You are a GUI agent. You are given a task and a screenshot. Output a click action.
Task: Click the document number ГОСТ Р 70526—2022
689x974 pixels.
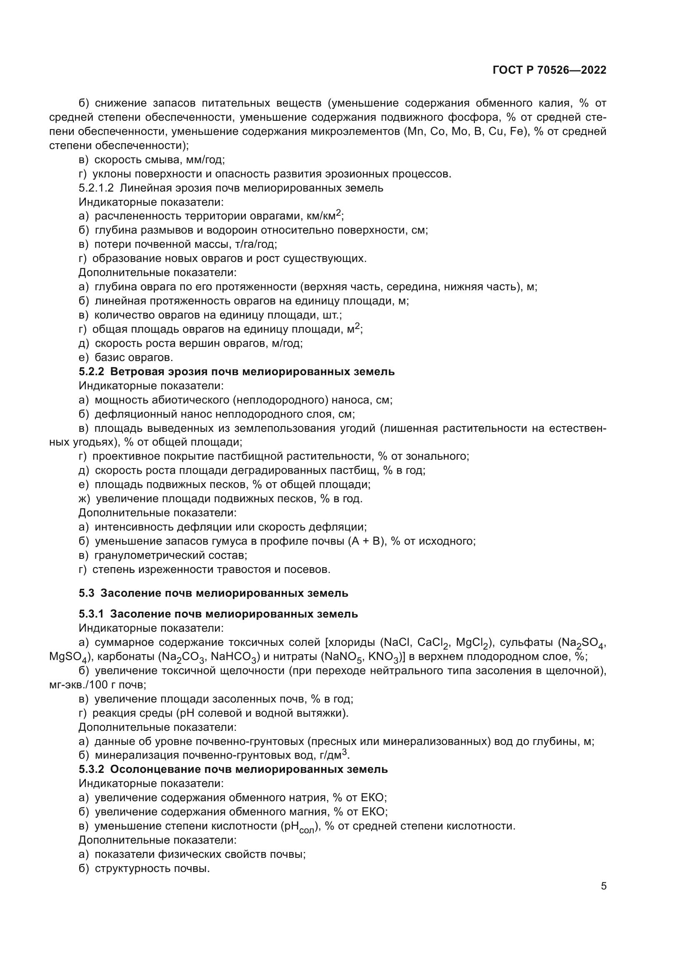pos(549,70)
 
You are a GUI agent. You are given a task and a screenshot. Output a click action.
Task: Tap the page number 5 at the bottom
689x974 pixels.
pos(604,886)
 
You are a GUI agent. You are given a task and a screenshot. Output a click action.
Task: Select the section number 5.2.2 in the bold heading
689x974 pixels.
pos(91,371)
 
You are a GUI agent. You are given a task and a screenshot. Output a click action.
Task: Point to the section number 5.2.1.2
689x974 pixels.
pos(96,188)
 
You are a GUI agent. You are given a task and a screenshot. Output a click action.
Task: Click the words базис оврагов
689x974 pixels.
pos(134,358)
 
